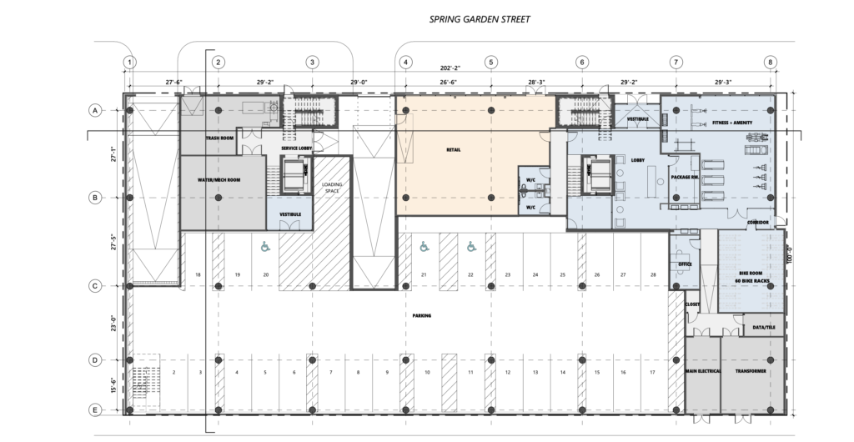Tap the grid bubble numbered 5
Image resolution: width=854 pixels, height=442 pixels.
[490, 62]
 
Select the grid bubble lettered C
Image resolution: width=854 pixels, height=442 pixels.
[95, 286]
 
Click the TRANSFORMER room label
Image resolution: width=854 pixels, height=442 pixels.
[751, 370]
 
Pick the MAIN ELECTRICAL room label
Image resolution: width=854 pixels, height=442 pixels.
[702, 370]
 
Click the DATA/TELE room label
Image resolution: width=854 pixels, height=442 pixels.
[764, 329]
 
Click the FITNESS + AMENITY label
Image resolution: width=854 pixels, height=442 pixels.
[733, 123]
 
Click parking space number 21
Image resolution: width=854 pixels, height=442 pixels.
[424, 274]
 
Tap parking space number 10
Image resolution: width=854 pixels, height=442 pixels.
[427, 372]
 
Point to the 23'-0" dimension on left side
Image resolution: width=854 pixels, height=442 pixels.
[113, 324]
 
